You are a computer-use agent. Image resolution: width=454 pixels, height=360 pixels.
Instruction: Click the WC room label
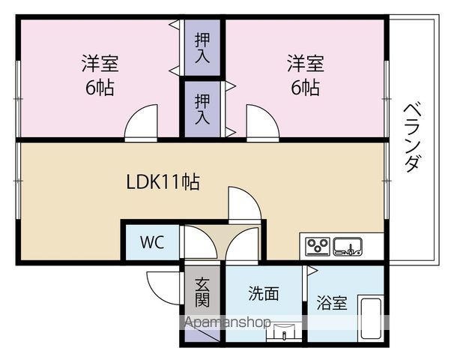(x=152, y=242)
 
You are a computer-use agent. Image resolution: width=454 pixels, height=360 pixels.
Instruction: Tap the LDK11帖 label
(x=163, y=182)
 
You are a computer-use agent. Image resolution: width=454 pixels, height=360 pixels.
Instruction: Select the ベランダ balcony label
(x=412, y=137)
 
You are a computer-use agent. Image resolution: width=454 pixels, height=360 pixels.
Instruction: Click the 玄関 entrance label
(x=202, y=292)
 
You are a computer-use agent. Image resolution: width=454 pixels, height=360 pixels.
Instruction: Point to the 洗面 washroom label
(x=264, y=293)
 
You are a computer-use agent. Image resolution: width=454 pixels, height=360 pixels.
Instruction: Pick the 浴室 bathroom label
(x=332, y=302)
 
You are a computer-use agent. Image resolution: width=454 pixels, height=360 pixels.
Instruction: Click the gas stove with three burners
(x=318, y=247)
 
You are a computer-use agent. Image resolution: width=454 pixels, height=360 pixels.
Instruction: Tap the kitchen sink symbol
(x=348, y=247)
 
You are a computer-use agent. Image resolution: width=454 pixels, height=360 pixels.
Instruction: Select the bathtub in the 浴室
(x=370, y=318)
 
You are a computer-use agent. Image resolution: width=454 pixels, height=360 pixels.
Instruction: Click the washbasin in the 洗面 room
(x=284, y=331)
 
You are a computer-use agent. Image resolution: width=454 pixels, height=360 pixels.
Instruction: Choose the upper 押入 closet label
(x=202, y=48)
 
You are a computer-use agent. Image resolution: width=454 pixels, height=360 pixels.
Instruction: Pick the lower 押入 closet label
(x=202, y=109)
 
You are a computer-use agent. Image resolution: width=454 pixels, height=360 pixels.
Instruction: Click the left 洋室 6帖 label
(x=100, y=75)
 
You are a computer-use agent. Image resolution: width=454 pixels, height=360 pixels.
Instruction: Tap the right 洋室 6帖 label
(x=306, y=75)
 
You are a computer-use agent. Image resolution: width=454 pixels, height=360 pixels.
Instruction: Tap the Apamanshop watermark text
(x=227, y=322)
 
